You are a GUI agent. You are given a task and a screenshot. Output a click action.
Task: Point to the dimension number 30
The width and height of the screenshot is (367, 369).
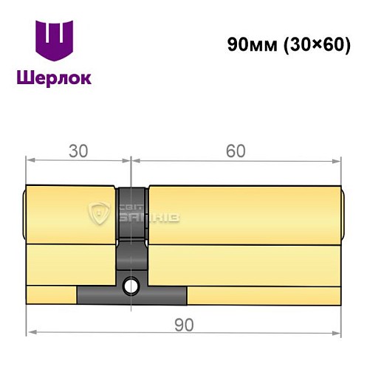78,151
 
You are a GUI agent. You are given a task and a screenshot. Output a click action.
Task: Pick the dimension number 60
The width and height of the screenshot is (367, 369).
236,151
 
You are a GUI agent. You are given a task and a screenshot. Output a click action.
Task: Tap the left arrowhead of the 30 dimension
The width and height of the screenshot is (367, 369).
30,159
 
